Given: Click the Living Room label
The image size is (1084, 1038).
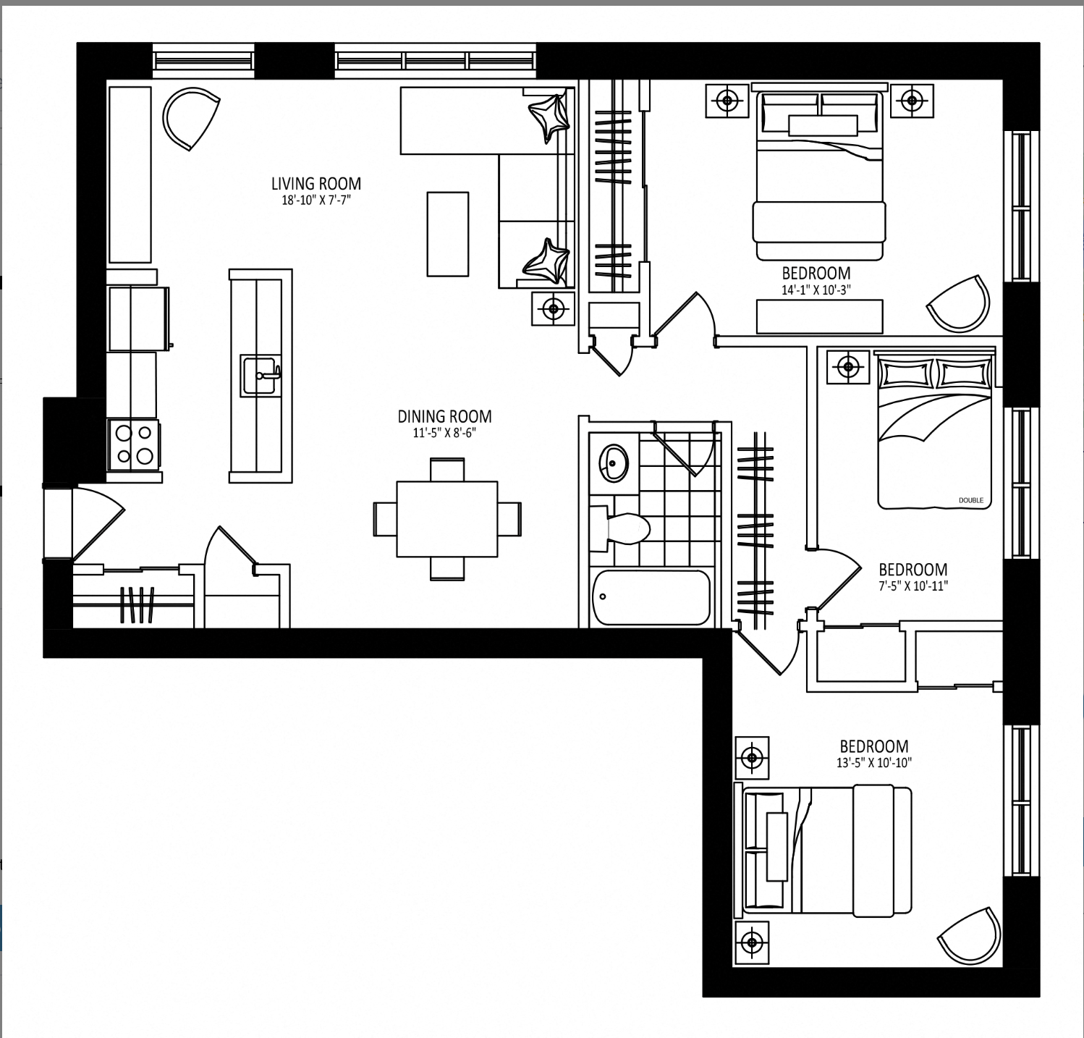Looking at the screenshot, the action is pyautogui.click(x=316, y=184).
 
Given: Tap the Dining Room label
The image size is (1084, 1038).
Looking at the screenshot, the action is pyautogui.click(x=444, y=416).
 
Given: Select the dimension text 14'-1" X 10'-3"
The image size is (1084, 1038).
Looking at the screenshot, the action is pyautogui.click(x=816, y=290).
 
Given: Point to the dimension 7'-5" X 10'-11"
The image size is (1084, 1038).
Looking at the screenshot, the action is pyautogui.click(x=913, y=586).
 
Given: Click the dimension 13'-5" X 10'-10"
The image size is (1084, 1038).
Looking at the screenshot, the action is pyautogui.click(x=873, y=762).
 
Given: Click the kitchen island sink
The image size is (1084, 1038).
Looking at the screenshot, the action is pyautogui.click(x=261, y=376).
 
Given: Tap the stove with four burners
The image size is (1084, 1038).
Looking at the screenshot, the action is pyautogui.click(x=134, y=444).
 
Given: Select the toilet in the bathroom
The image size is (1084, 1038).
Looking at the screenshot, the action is pyautogui.click(x=619, y=528).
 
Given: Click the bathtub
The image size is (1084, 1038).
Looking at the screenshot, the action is pyautogui.click(x=651, y=598).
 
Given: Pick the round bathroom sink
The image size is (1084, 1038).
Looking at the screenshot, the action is pyautogui.click(x=614, y=463).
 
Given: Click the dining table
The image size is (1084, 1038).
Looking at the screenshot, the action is pyautogui.click(x=447, y=519).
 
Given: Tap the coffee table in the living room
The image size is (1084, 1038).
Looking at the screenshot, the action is pyautogui.click(x=448, y=234).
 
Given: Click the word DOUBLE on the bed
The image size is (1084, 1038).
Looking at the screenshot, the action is pyautogui.click(x=971, y=500).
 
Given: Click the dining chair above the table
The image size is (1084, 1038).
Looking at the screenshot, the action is pyautogui.click(x=447, y=469).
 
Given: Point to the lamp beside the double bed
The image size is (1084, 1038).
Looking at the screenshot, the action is pyautogui.click(x=849, y=367).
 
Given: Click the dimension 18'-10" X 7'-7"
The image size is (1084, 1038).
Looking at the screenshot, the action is pyautogui.click(x=316, y=201).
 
